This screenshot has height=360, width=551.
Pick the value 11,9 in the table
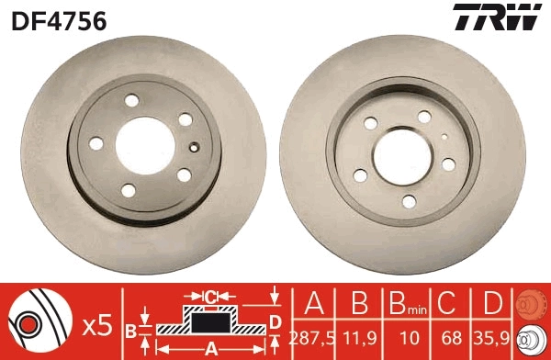pyautogui.click(x=360, y=337)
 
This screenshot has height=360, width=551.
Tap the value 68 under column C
pyautogui.click(x=449, y=337)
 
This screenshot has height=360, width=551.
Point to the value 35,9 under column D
pyautogui.click(x=493, y=337)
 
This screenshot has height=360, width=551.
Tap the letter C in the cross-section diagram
pyautogui.click(x=209, y=297)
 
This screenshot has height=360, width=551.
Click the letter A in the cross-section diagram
pyautogui.click(x=210, y=348)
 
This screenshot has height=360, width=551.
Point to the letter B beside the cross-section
pyautogui.click(x=130, y=330)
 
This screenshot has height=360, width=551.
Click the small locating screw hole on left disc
pyautogui.click(x=193, y=147)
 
